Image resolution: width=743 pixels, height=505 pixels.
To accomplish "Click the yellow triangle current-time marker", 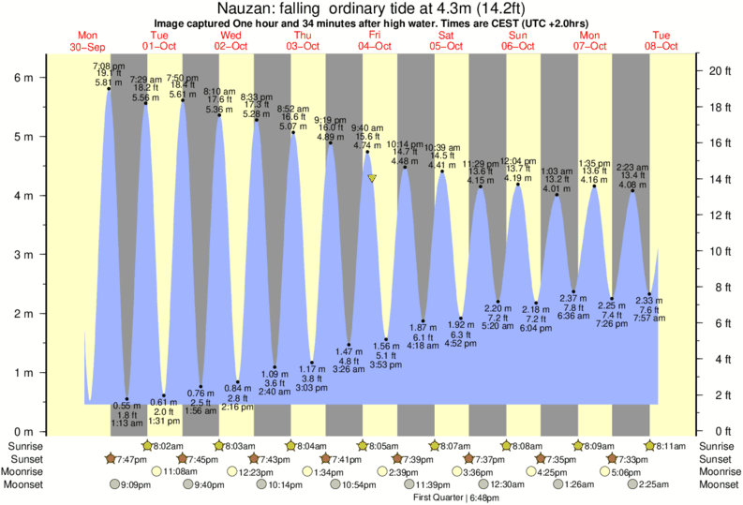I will point(373,178).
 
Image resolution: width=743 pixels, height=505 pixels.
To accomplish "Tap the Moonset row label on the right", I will point(718,485).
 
